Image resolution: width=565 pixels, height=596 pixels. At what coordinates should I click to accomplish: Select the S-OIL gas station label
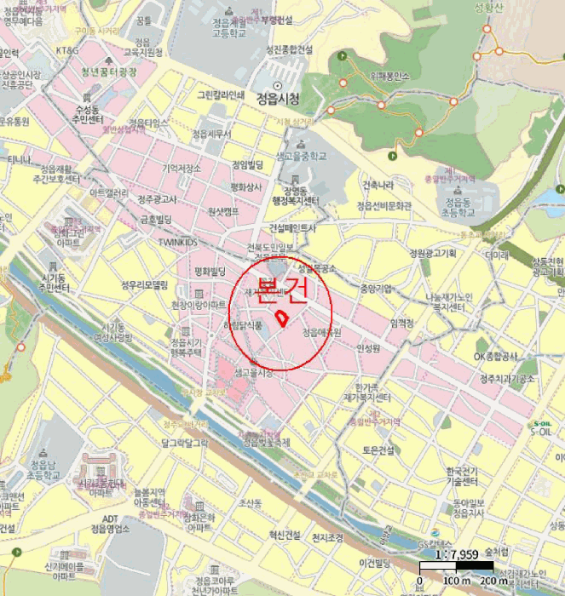(541, 429)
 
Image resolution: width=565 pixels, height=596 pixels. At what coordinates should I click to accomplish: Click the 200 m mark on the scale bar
(493, 580)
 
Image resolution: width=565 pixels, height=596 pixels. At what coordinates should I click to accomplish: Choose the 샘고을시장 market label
(253, 373)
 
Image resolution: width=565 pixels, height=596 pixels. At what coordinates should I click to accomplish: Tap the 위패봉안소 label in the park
(389, 76)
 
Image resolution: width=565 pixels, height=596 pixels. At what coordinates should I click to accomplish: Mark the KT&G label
(67, 51)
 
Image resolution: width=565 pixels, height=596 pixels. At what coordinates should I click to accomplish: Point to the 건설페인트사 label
(292, 228)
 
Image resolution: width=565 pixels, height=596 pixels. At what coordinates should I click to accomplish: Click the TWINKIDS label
(176, 242)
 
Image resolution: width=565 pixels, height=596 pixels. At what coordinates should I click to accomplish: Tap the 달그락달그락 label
(185, 442)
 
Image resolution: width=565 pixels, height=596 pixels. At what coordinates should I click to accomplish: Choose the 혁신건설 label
(285, 535)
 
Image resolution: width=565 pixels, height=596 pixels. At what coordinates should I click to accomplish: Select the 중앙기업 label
(377, 288)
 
